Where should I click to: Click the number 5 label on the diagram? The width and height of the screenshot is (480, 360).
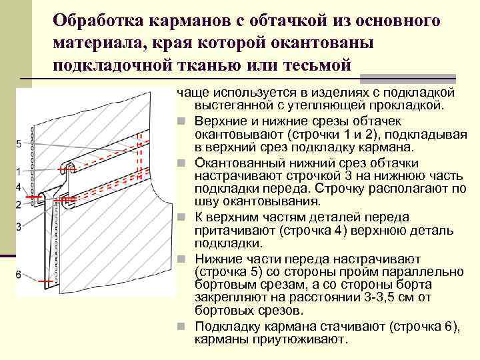(19, 144)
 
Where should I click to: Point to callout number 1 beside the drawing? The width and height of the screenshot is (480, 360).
(18, 172)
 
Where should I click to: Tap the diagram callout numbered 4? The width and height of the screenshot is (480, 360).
(18, 186)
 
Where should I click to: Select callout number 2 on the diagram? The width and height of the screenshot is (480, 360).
(18, 203)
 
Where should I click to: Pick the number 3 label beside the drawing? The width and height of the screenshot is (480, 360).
(19, 227)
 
